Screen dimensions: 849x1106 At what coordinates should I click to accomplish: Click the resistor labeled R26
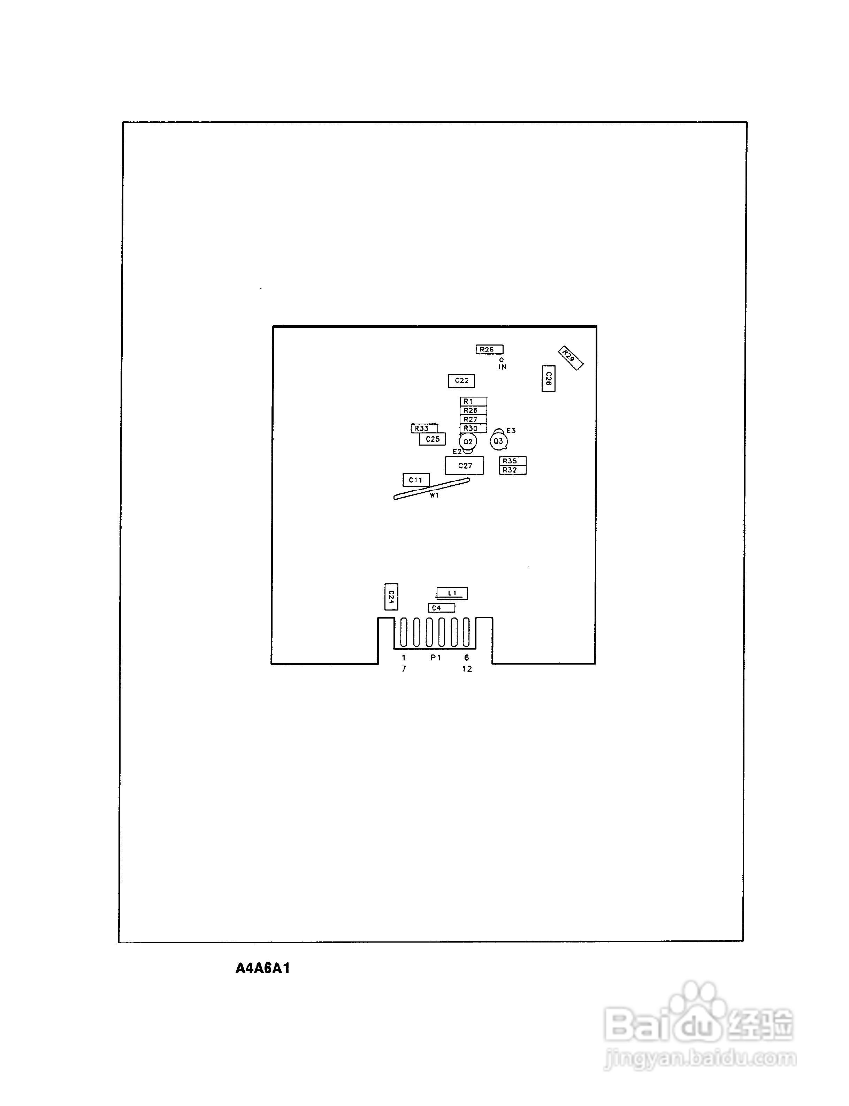[489, 349]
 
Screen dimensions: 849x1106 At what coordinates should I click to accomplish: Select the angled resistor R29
[571, 358]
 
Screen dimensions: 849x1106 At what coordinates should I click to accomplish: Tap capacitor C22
[461, 381]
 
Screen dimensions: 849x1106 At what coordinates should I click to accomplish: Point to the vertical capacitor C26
[548, 379]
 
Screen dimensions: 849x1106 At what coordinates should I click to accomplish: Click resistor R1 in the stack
[473, 401]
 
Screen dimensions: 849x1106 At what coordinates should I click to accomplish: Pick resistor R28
[473, 410]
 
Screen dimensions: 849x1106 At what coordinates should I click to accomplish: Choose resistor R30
[473, 429]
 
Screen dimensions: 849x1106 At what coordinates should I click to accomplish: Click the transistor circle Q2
[468, 442]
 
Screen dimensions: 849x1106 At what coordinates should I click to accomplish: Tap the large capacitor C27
[465, 465]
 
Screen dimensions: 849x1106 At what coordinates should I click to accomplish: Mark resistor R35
[512, 461]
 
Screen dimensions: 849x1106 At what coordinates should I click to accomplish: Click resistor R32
[512, 470]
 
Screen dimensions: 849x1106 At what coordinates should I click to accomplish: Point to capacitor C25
[433, 439]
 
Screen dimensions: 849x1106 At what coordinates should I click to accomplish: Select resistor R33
[424, 429]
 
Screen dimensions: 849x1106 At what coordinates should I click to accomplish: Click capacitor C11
[416, 480]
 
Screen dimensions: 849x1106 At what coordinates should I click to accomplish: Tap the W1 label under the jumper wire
[435, 496]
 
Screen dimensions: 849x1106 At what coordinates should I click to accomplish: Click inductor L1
[452, 593]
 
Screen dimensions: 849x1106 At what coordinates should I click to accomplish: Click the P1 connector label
[436, 658]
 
